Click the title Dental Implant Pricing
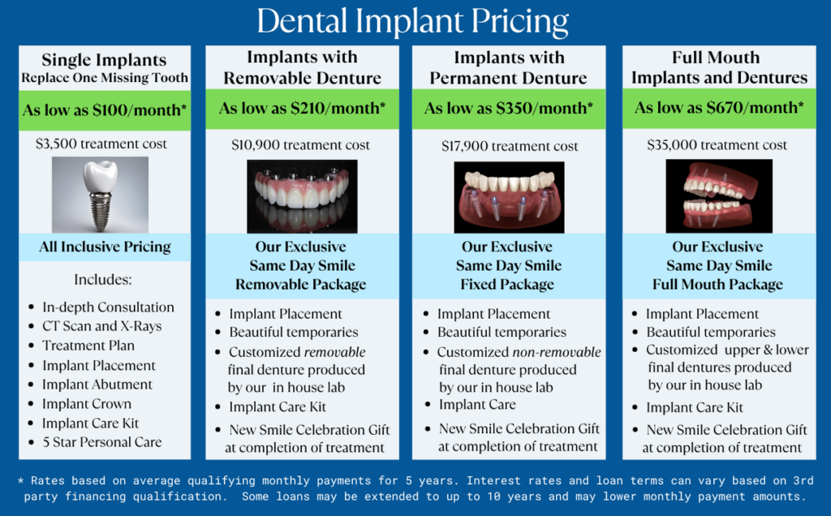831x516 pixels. click(412, 21)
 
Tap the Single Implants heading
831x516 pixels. click(105, 60)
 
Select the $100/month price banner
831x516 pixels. click(105, 110)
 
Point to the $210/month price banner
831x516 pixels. click(302, 109)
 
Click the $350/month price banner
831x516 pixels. click(509, 109)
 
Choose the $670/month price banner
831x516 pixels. click(719, 108)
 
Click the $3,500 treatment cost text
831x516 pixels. click(101, 144)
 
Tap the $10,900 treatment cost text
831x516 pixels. click(300, 145)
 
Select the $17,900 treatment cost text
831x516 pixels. click(510, 146)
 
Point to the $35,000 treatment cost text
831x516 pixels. click(717, 145)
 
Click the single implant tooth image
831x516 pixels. click(100, 195)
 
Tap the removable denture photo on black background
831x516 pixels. click(302, 196)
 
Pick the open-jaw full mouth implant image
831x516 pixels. click(719, 196)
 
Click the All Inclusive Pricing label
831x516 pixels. click(105, 247)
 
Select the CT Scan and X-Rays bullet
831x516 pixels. click(101, 326)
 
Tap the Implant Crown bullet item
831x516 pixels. click(86, 404)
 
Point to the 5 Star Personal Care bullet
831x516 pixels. click(101, 442)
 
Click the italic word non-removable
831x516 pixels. click(557, 352)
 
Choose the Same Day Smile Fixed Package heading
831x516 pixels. click(508, 265)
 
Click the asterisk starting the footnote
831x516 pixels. click(20, 481)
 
